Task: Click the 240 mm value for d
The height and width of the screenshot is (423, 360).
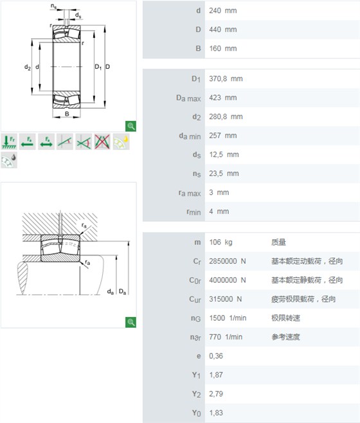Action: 222,11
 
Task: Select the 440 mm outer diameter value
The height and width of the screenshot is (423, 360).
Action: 222,30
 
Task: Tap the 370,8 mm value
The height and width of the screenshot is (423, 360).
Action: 226,79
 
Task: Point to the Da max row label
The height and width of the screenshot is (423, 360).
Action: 188,98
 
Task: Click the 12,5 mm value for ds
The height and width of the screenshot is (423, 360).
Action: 224,154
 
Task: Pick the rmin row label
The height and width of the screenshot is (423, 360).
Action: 194,212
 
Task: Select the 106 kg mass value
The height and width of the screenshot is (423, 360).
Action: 221,242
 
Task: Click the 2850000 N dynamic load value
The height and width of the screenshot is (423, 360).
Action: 227,261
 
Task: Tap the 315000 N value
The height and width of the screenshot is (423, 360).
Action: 225,299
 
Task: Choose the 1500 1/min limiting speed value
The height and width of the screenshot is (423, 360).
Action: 228,318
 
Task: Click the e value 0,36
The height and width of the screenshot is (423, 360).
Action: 216,356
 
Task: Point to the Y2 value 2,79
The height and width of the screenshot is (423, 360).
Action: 216,394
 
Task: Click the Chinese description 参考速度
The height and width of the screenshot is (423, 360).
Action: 285,337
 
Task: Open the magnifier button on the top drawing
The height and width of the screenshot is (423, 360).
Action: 131,126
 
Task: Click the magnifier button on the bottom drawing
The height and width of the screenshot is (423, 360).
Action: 131,322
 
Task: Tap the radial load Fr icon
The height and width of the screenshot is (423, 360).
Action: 9,141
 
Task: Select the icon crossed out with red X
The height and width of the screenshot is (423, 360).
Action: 102,141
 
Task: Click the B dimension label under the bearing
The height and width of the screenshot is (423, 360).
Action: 67,114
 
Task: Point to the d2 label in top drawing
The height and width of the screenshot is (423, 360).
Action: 28,67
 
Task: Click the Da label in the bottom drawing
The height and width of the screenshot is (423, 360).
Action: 122,292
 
